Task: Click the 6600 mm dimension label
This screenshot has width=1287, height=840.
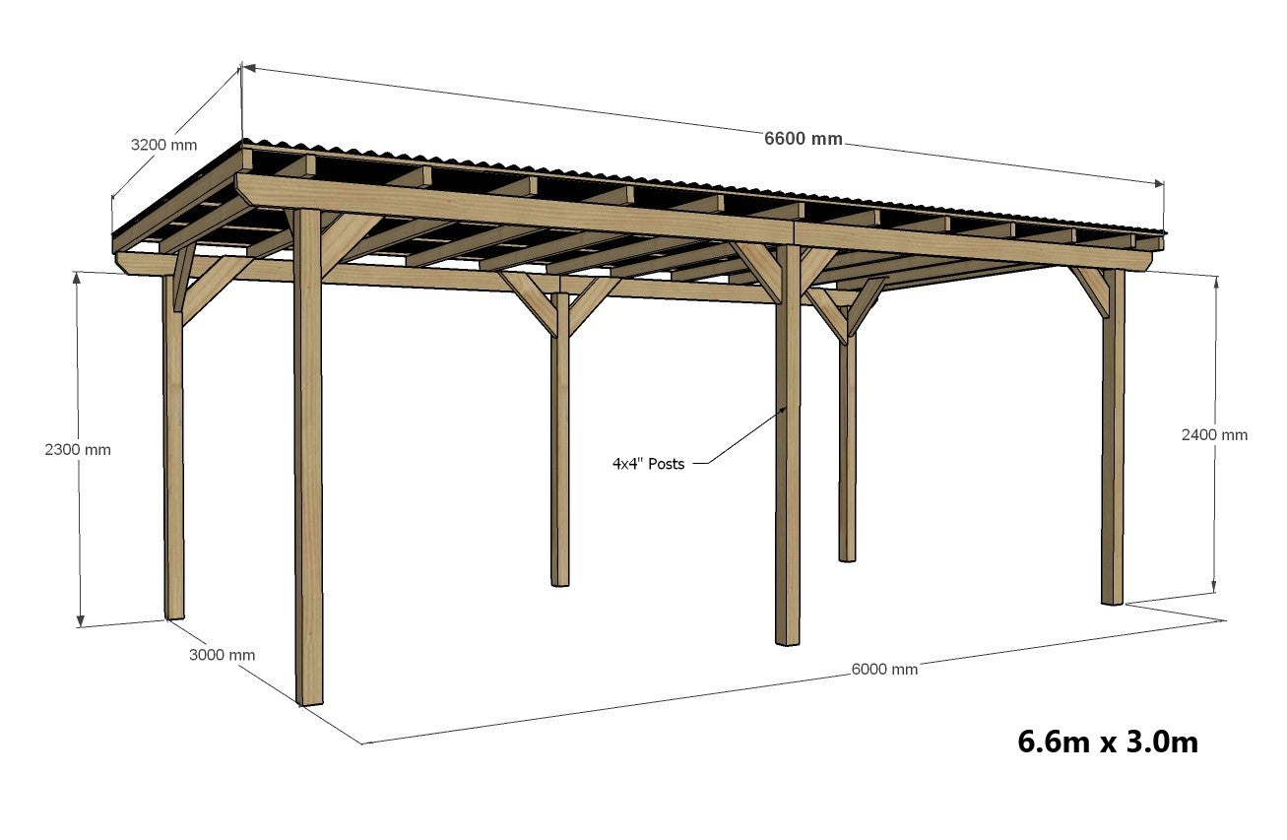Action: click(804, 139)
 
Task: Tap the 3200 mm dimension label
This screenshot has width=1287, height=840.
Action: click(163, 145)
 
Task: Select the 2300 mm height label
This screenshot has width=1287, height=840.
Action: click(78, 449)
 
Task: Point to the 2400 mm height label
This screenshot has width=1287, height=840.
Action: click(1214, 434)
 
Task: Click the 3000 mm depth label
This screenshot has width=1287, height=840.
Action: click(222, 655)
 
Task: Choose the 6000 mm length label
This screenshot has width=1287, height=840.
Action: click(884, 669)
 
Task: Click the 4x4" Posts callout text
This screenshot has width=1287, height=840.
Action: click(648, 463)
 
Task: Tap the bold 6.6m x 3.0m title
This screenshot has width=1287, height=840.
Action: click(1108, 742)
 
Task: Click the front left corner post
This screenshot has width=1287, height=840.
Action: click(308, 463)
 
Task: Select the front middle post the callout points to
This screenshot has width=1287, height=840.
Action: click(787, 463)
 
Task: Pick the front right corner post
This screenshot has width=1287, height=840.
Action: click(1113, 443)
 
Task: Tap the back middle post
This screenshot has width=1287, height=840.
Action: click(559, 443)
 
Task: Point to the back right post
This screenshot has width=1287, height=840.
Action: click(847, 443)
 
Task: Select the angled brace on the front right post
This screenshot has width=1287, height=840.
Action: click(1088, 291)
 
